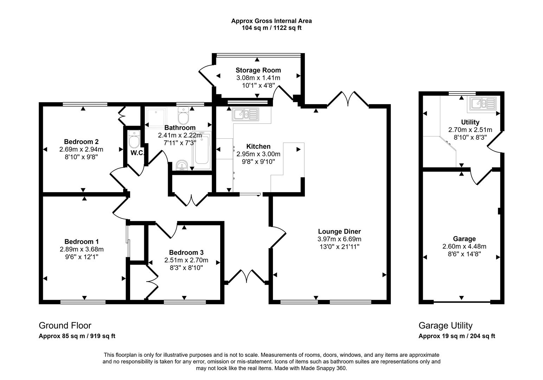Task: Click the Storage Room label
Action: coord(258,70)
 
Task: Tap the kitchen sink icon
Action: coord(245,114)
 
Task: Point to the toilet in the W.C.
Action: coord(134,140)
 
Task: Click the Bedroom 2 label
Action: coord(81,142)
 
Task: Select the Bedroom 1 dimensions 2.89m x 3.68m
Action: coord(82,249)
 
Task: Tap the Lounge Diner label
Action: coord(339,232)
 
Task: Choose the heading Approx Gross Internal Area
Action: coord(271,21)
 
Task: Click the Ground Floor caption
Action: coord(65,325)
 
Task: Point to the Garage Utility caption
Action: coord(445,325)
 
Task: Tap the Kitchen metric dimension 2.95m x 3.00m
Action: coord(258,154)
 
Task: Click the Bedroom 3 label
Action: coord(186,253)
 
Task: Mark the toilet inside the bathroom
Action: coord(184,114)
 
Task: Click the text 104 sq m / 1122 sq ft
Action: coord(271,28)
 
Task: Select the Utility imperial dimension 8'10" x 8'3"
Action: coord(470,137)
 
